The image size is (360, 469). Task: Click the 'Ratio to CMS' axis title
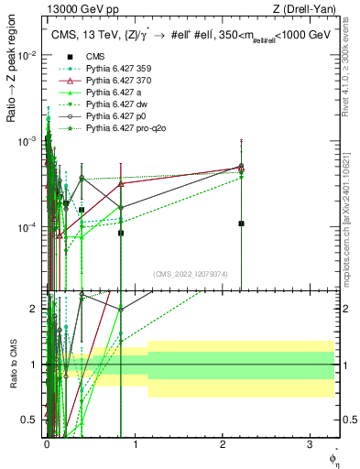point(13,364)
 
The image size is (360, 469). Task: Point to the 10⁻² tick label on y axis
point(27,55)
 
